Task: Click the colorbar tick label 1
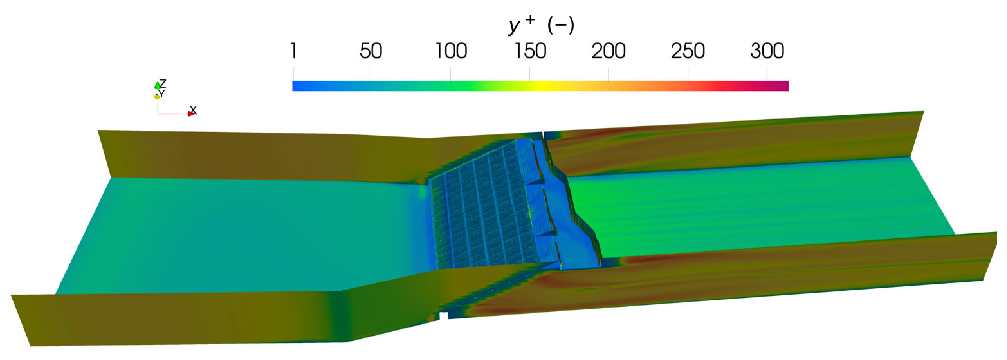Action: tap(293, 51)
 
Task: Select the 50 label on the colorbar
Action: tap(371, 51)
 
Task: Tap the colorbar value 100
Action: tap(451, 51)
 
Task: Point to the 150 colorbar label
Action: tap(530, 51)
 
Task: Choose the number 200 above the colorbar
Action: tap(609, 51)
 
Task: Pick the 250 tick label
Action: tap(688, 51)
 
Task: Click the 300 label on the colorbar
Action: tap(767, 51)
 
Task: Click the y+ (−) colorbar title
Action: tap(541, 25)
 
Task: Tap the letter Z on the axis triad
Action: tap(163, 83)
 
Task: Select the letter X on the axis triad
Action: tap(193, 110)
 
